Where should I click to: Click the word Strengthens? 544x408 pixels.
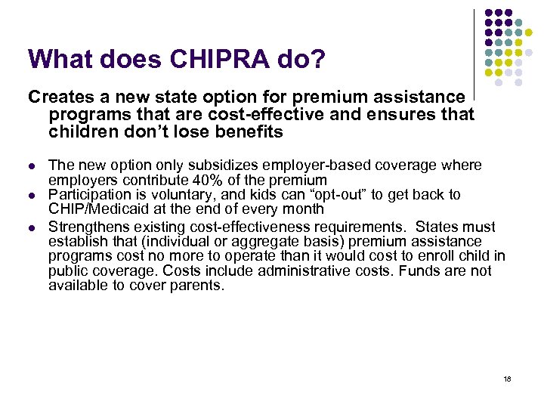89,227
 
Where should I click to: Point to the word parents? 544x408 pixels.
200,286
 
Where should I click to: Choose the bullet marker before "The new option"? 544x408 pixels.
31,165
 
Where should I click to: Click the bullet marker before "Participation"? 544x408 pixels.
31,195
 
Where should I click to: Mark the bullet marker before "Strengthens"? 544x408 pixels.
31,227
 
